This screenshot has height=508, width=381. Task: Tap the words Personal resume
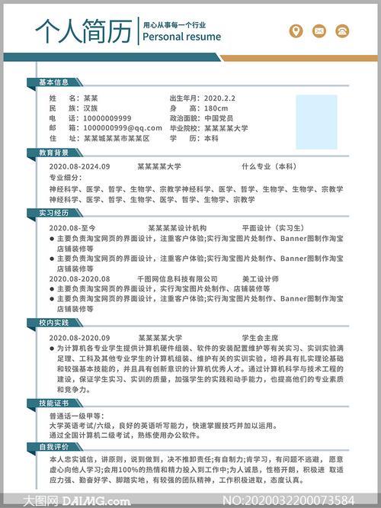pyautogui.click(x=181, y=37)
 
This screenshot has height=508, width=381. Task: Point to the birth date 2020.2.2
pyautogui.click(x=220, y=98)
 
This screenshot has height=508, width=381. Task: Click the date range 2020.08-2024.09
pyautogui.click(x=79, y=166)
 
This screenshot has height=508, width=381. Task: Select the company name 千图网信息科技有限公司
pyautogui.click(x=178, y=279)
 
